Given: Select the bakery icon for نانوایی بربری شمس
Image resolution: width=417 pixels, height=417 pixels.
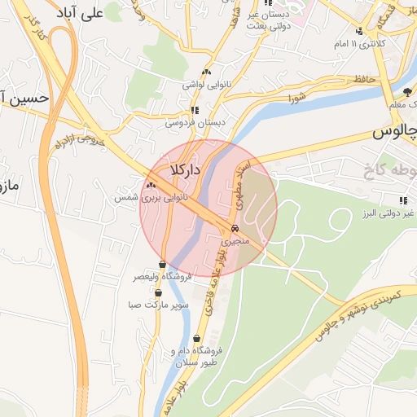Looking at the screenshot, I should tap(151, 186).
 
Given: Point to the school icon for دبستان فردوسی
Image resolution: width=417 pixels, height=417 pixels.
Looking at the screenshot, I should tap(194, 110).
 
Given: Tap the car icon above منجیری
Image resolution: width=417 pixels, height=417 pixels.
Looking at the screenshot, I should tap(235, 229).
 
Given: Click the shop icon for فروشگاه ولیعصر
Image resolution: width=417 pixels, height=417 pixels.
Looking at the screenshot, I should tap(163, 265).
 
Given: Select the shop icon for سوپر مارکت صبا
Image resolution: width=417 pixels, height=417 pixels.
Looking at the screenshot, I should tap(165, 293).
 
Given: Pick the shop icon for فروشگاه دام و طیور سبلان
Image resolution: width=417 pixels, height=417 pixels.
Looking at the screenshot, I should tap(197, 339).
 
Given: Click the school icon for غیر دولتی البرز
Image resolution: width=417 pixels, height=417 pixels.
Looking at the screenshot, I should tap(402, 200).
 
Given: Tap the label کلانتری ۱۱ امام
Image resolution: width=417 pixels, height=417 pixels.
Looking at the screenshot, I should tap(359, 42).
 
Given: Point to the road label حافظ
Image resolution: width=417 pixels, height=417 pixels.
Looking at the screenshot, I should tap(363, 79).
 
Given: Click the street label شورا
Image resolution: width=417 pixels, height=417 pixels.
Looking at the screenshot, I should tap(296, 99).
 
